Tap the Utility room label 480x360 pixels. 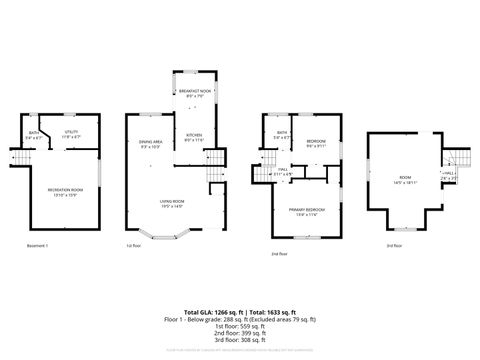click(x=72, y=132)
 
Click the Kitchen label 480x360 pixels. click(x=194, y=138)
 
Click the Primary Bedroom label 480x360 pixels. click(x=302, y=211)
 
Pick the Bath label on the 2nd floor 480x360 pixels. click(x=282, y=134)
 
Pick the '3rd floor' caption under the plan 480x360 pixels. click(x=396, y=245)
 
